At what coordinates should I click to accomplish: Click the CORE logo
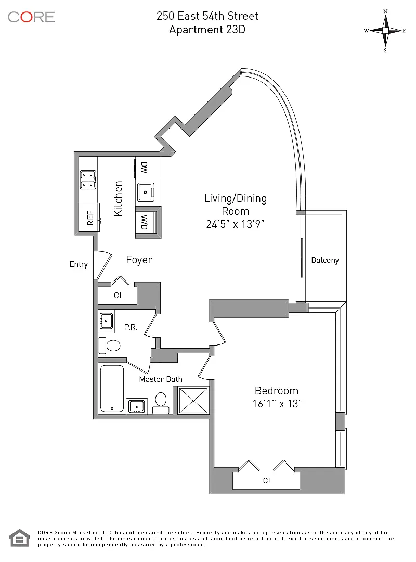click(31, 17)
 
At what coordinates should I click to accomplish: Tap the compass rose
click(385, 30)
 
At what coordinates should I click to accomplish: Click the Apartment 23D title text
click(207, 30)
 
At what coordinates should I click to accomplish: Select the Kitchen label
click(118, 199)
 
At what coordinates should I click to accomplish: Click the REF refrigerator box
click(89, 217)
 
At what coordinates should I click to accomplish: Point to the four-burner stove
click(87, 180)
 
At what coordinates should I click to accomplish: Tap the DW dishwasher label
click(144, 168)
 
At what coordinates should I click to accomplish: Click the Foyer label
click(139, 260)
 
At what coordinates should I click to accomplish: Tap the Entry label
click(79, 264)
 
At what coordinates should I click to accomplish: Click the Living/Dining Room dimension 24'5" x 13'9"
click(236, 225)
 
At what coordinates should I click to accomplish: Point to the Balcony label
click(325, 260)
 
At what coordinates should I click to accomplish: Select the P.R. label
click(130, 327)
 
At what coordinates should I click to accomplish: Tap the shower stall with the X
click(193, 401)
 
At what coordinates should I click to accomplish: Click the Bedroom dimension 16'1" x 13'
click(276, 404)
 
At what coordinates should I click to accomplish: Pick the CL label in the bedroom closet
click(267, 481)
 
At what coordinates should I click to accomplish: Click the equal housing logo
click(20, 538)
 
